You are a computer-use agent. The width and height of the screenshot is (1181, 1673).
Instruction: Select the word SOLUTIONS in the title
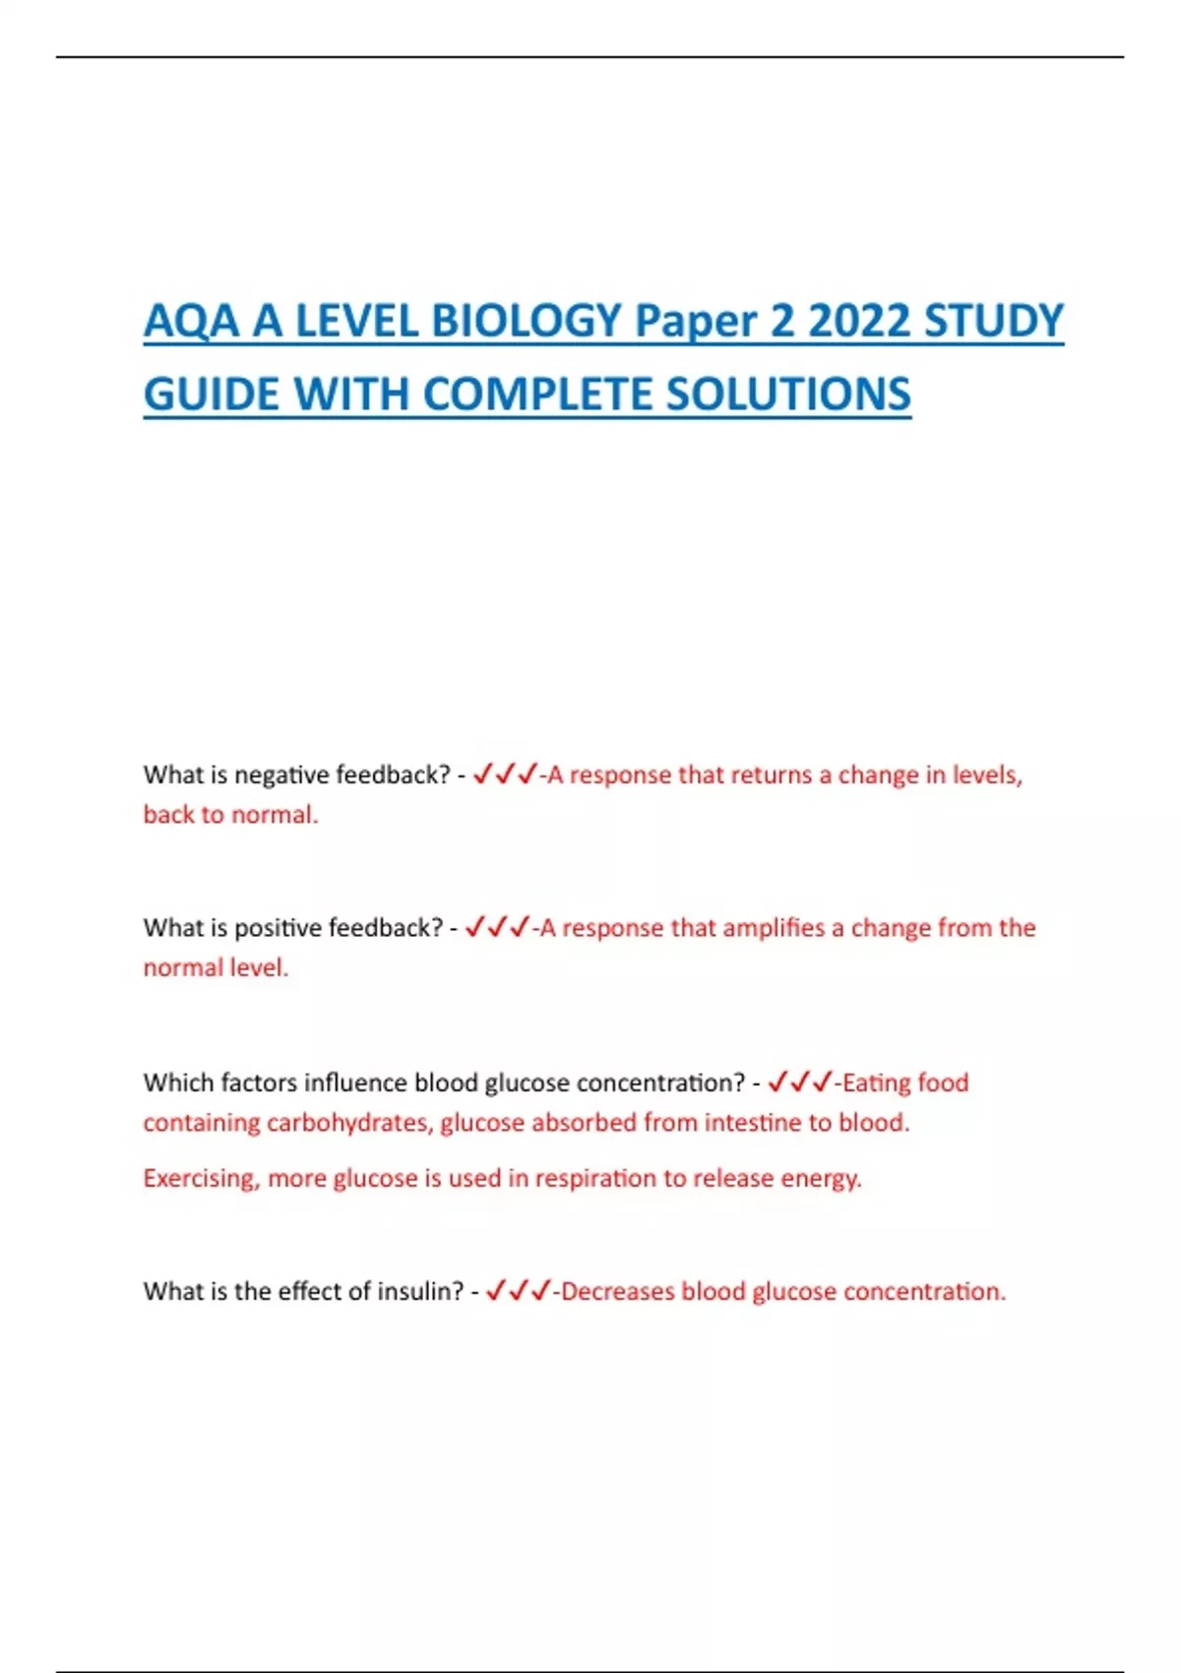788,395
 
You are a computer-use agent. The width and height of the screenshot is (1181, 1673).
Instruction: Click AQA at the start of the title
191,322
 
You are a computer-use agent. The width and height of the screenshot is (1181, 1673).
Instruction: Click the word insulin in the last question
420,1291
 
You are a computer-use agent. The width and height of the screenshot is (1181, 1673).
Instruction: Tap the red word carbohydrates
349,1123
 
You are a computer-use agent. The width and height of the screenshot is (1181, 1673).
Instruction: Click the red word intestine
753,1123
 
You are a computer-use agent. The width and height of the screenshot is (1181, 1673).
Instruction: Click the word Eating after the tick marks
876,1084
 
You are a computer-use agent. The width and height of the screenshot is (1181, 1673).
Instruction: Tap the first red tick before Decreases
496,1290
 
